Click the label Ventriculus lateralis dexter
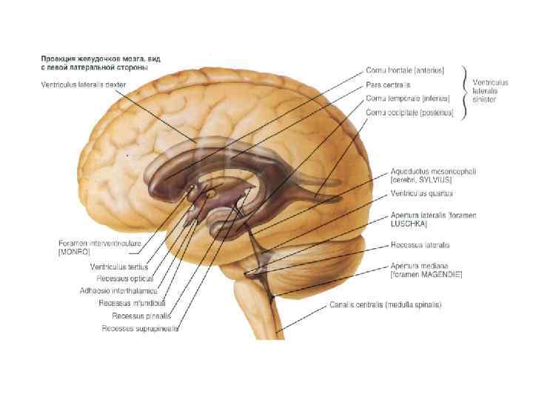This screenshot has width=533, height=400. coord(84,84)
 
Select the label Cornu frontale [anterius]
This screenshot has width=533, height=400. coord(405,70)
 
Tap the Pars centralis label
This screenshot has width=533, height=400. coord(389,84)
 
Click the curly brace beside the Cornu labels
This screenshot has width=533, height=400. coord(464,91)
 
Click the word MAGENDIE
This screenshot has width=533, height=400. coord(440,274)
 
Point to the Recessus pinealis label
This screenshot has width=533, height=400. coord(135,316)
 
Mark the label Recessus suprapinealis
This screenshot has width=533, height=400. coord(140,328)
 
